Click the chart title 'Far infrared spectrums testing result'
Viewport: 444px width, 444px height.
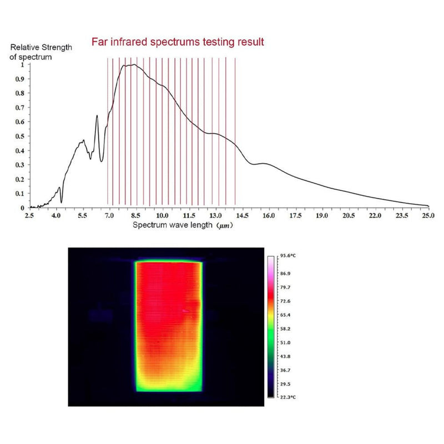(x=178, y=42)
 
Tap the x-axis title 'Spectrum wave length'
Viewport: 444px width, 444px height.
(x=178, y=225)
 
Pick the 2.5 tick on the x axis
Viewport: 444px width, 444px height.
(x=29, y=215)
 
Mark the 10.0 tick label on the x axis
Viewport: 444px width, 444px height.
(x=162, y=215)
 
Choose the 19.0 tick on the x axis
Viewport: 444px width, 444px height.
(x=322, y=215)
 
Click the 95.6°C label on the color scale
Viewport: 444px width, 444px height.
(x=286, y=256)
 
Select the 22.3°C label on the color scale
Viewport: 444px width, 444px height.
(x=286, y=397)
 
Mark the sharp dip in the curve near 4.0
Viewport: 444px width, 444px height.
(x=61, y=201)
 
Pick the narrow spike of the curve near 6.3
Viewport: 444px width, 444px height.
(x=97, y=116)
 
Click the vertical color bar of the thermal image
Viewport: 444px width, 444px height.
(x=271, y=327)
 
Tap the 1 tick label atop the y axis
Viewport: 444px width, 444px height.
(x=23, y=64)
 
